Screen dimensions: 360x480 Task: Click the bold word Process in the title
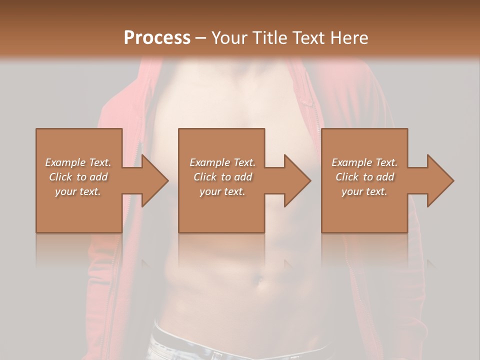click(157, 37)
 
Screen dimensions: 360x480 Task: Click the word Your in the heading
click(229, 37)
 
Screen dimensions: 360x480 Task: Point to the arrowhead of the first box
click(155, 180)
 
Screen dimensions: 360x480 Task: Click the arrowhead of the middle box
click(297, 180)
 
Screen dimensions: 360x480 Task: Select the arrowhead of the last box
click(440, 180)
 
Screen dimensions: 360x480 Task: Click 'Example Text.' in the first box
click(78, 162)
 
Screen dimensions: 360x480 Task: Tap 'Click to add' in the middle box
click(222, 177)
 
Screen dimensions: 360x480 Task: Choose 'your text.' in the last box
click(364, 191)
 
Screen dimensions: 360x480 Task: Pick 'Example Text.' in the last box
click(364, 162)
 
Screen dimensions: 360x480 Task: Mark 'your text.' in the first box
click(78, 191)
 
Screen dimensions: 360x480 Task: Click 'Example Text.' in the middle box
click(222, 162)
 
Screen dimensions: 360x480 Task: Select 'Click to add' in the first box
click(78, 177)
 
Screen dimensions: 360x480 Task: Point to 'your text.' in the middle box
click(222, 191)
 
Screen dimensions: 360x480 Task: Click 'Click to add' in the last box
click(364, 177)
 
